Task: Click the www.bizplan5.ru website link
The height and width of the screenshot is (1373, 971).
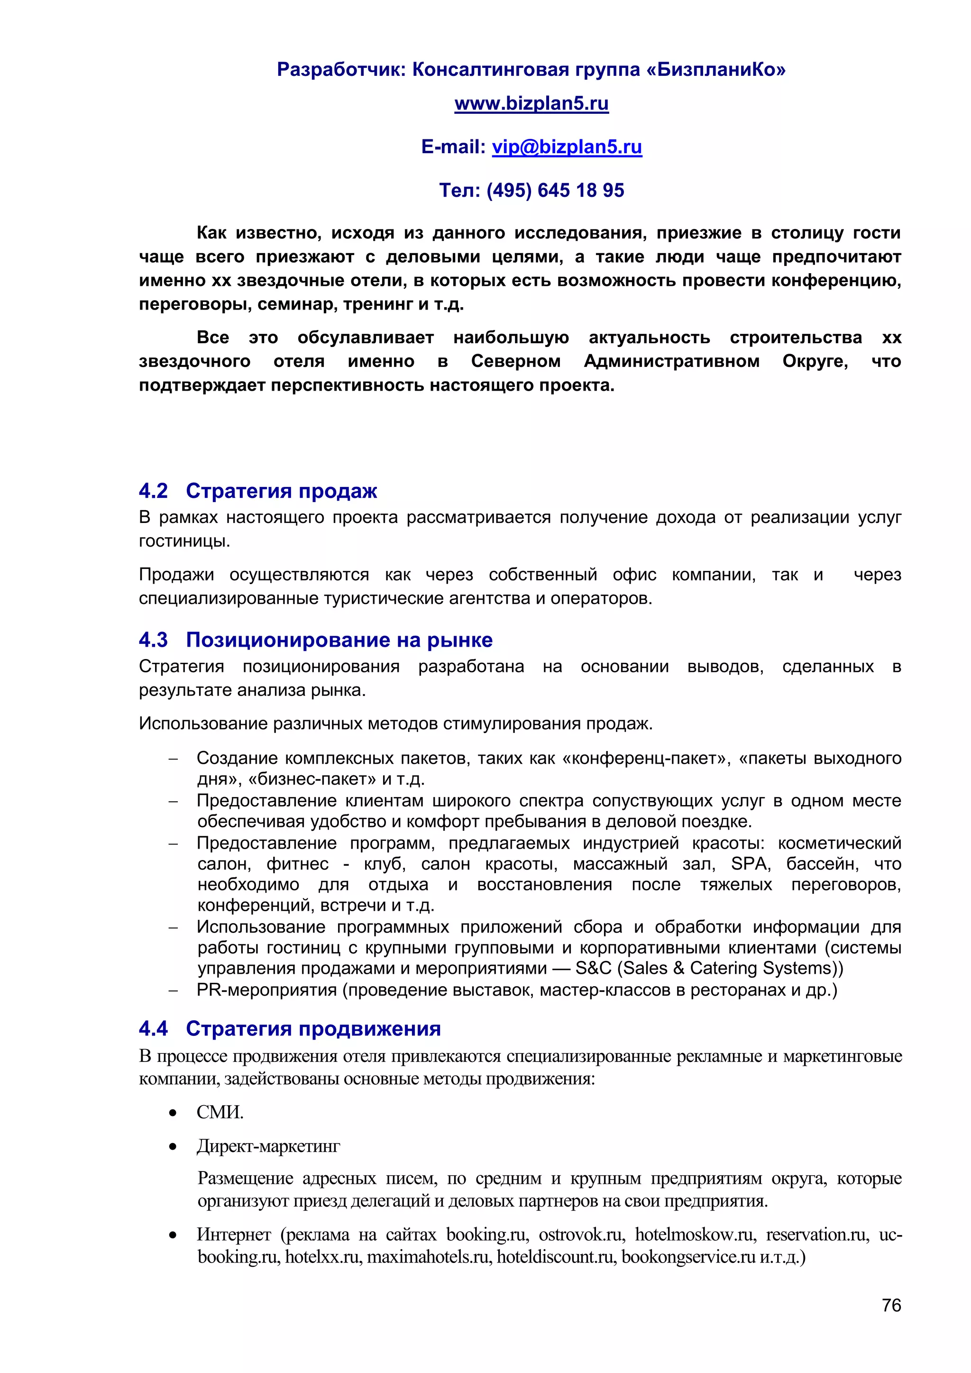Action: point(531,103)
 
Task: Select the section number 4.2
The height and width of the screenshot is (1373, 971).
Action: point(153,491)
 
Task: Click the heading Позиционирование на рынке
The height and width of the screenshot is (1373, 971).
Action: point(339,640)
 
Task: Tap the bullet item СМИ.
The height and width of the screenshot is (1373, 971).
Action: point(220,1112)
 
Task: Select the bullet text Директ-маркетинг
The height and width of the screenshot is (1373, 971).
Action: point(268,1146)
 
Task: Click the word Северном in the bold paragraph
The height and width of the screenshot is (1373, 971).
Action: point(515,361)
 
